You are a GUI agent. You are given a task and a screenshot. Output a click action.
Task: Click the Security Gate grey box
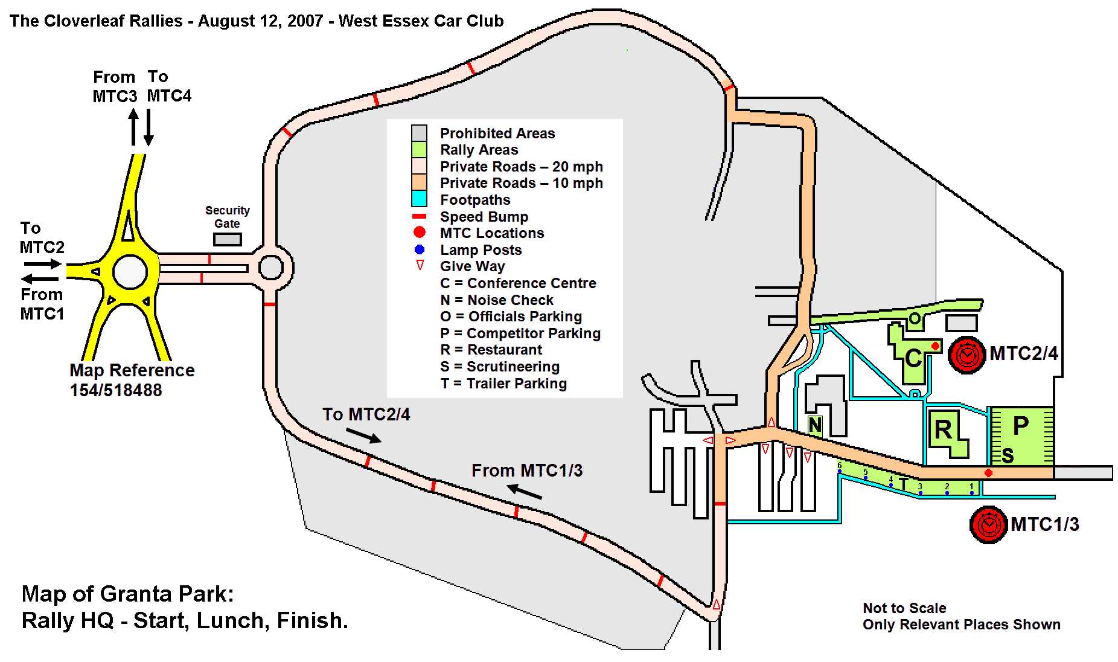point(228,240)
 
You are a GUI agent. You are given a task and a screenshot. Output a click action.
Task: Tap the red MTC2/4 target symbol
point(967,355)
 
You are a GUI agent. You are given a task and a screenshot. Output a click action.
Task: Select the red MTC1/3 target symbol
point(988,524)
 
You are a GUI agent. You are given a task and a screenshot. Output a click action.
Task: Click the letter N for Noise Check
point(815,426)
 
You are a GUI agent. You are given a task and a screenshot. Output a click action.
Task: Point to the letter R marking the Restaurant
point(943,429)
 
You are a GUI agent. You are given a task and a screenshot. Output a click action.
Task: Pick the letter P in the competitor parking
point(1020,426)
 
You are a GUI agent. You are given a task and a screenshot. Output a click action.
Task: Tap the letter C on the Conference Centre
point(913,358)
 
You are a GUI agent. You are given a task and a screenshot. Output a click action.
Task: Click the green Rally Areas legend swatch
point(419,149)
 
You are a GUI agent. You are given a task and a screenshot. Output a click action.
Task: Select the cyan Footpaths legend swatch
point(419,199)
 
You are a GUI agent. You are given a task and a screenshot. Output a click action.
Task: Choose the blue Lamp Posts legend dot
point(420,249)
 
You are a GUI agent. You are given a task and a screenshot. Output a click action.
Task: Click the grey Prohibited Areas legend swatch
point(419,133)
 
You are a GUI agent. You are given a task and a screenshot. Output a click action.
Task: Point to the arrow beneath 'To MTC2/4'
point(363,435)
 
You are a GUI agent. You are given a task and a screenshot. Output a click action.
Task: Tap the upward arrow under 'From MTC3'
point(133,127)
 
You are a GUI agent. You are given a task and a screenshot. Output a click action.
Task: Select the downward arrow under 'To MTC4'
point(149,127)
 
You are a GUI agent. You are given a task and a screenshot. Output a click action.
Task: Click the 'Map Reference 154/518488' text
point(132,380)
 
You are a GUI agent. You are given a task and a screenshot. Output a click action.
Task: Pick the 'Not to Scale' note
point(904,608)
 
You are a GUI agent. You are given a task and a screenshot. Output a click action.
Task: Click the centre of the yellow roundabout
point(130,272)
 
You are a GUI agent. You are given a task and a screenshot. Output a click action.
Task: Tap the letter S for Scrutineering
point(1007,456)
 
